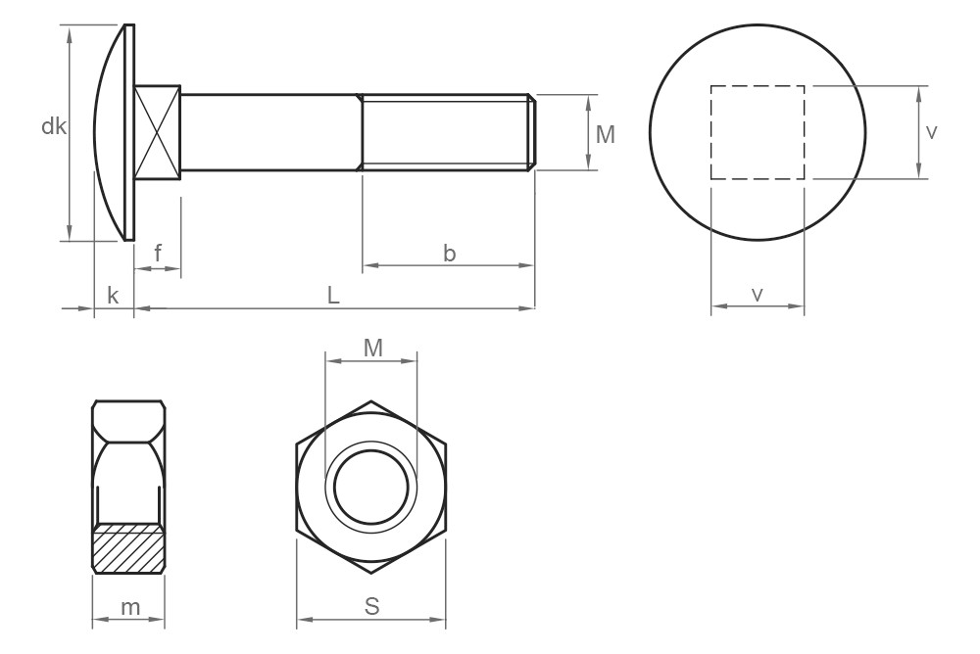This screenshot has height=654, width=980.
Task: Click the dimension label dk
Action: [x=53, y=126]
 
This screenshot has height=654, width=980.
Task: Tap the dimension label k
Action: [x=113, y=296]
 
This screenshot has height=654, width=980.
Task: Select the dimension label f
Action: [x=158, y=255]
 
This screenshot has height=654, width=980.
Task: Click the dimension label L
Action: [x=333, y=296]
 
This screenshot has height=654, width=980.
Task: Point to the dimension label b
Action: [x=449, y=253]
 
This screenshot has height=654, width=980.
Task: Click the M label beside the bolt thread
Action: [x=606, y=135]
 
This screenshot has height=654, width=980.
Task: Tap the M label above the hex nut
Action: [x=372, y=347]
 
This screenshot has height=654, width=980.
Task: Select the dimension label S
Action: [x=371, y=606]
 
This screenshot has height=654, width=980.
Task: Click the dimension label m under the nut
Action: [x=128, y=607]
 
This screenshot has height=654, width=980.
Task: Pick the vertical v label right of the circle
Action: [x=931, y=132]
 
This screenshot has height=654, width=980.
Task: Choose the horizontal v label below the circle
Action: [x=758, y=294]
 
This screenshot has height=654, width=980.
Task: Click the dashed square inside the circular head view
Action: [x=758, y=132]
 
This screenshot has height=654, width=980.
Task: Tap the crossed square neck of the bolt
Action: [x=158, y=132]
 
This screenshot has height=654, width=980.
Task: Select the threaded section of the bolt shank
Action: [x=446, y=132]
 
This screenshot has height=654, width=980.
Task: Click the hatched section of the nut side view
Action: [x=128, y=550]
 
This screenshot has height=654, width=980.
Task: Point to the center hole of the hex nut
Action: [x=371, y=487]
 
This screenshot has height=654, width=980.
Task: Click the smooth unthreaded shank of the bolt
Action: [x=269, y=132]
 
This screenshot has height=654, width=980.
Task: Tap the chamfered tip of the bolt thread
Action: [x=532, y=132]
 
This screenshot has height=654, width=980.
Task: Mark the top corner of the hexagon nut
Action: [x=371, y=400]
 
